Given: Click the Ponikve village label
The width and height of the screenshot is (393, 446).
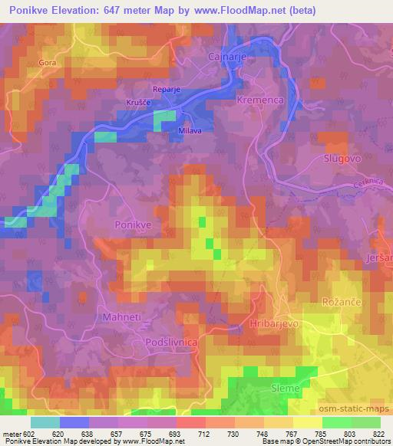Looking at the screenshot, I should (134, 226).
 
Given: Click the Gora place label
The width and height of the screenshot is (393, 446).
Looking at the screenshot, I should (47, 64).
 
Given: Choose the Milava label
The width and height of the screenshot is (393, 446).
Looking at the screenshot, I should (191, 130).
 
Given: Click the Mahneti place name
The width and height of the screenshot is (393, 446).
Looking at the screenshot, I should (123, 316).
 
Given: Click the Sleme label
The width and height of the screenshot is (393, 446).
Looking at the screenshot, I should (286, 389).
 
